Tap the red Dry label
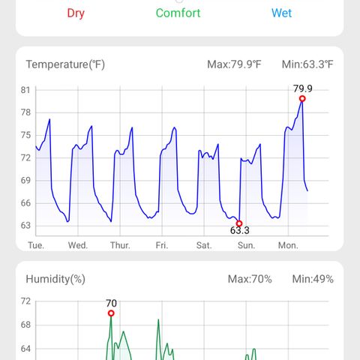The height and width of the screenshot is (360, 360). pos(76,13)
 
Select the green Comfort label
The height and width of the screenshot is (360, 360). pos(178,13)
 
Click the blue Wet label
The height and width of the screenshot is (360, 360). pos(281,13)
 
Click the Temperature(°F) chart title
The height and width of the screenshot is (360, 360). pos(65,64)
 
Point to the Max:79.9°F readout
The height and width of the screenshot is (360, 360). pos(234,64)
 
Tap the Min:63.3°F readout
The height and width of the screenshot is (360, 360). pos(307,64)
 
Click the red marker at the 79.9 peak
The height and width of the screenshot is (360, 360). pos(302,99)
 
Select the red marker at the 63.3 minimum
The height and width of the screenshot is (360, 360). pos(239,223)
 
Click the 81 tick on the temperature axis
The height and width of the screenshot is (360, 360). pos(25,90)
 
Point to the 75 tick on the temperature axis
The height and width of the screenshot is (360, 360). pos(25,135)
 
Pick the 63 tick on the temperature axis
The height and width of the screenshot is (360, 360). pos(25,226)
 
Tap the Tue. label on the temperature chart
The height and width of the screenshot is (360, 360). pos(36,245)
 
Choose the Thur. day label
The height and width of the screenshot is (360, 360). pos(120,245)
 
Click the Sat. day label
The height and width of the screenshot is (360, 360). pos(204,245)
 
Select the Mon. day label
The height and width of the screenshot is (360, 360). pos(288,245)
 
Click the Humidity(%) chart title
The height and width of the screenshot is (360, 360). pos(55,279)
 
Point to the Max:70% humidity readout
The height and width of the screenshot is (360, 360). pos(250,279)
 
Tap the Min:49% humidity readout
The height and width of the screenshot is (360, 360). pos(313,279)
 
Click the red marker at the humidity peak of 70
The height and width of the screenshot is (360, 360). pos(111,313)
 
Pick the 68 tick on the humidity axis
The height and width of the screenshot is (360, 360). pos(25,325)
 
